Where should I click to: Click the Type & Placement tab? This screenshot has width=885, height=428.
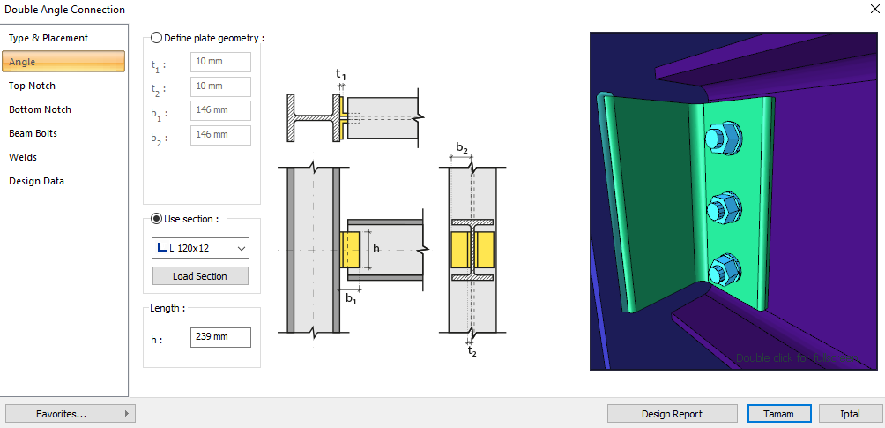coord(48,38)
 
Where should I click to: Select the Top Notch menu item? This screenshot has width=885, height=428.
coord(33,86)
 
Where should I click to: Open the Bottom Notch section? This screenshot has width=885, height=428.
coord(41,109)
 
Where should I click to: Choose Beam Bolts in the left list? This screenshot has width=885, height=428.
coord(33,133)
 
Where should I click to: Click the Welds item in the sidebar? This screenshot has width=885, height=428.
coord(23,157)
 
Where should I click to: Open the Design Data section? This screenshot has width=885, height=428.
coord(37,181)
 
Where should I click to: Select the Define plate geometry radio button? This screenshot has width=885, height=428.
coord(157,38)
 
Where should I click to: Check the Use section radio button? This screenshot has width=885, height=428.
coord(157,219)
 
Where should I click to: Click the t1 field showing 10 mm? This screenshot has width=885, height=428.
coord(220,63)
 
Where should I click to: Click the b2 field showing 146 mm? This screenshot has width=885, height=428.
coord(220,135)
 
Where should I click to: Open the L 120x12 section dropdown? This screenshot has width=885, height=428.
coord(200,248)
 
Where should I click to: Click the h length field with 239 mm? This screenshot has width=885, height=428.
coord(220,338)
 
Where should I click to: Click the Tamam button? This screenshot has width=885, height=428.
coord(778,413)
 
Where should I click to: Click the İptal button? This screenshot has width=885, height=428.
coord(851,413)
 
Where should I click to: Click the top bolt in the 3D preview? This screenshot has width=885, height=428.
coord(723,139)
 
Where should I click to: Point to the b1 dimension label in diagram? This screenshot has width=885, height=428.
coord(351,298)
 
